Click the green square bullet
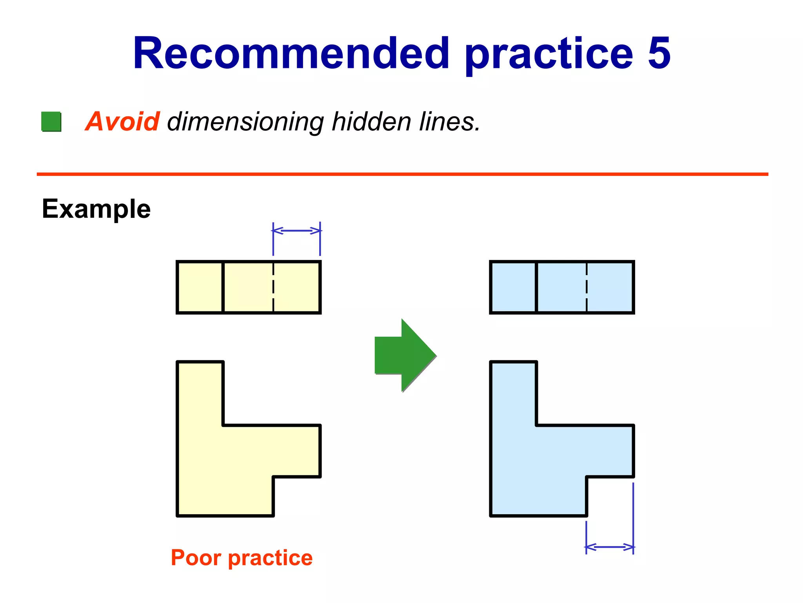(x=51, y=122)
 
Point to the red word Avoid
(x=122, y=121)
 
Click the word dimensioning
(x=245, y=122)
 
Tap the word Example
(x=96, y=209)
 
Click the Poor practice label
(x=242, y=558)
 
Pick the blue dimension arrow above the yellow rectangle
(x=296, y=230)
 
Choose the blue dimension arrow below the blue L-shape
(x=610, y=547)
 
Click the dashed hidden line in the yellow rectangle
(x=273, y=287)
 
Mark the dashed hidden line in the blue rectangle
(x=587, y=287)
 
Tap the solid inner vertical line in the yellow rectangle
(x=223, y=287)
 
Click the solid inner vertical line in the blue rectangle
(x=536, y=287)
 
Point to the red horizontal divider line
(x=402, y=174)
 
